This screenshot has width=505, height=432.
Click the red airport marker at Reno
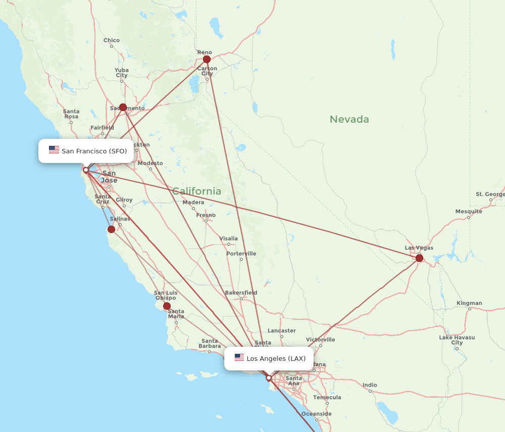click(207, 59)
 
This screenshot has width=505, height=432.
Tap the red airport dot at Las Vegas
click(419, 258)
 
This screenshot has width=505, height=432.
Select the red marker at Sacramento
click(123, 107)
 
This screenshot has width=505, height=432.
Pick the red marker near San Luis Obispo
click(167, 306)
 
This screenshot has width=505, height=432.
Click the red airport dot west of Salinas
click(111, 229)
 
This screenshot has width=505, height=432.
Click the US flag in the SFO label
click(54, 150)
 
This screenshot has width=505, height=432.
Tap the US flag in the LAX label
click(239, 358)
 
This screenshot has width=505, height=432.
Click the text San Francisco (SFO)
click(94, 151)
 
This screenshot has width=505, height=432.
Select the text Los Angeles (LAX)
click(276, 358)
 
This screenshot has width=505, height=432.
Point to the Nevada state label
click(349, 120)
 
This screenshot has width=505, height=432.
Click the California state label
click(196, 191)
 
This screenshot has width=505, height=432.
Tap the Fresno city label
click(206, 215)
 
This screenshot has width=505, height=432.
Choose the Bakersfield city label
click(241, 293)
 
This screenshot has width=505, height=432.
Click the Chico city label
click(112, 40)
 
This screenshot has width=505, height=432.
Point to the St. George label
click(490, 194)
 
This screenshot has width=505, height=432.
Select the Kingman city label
click(469, 303)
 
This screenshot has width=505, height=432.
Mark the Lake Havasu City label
click(457, 340)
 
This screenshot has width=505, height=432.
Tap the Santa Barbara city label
click(210, 343)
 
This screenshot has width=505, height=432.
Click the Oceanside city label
click(317, 414)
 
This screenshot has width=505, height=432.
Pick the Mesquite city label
click(469, 211)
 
